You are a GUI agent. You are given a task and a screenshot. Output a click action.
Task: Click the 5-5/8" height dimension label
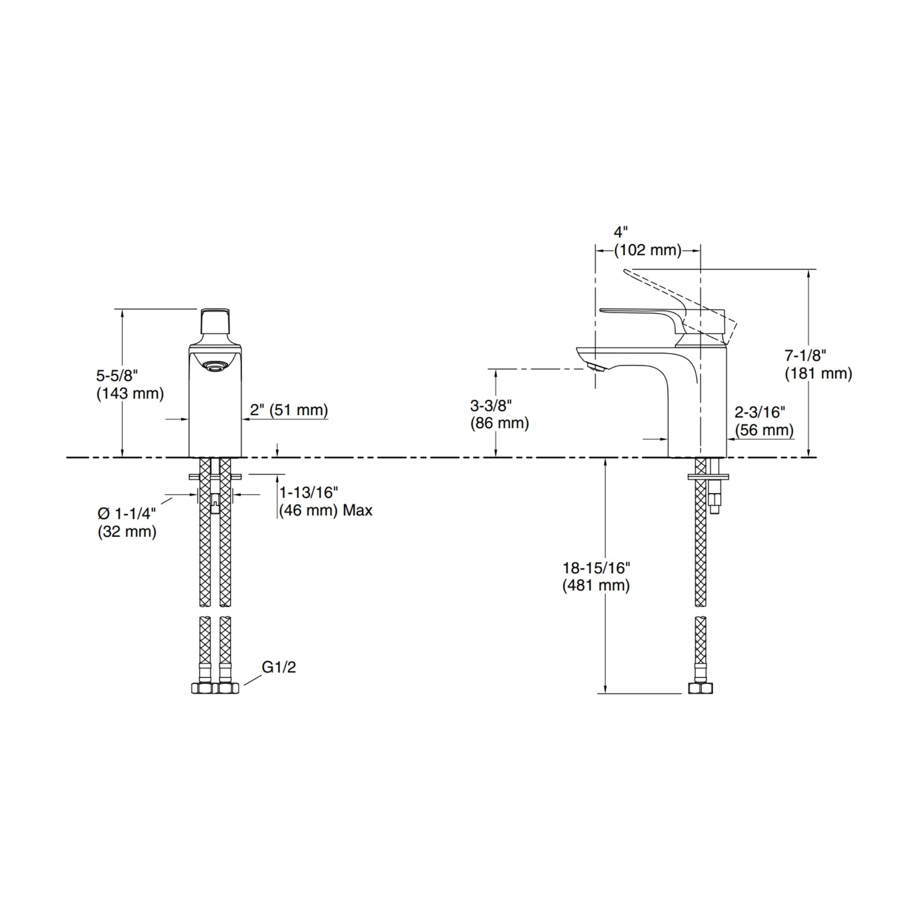(117, 375)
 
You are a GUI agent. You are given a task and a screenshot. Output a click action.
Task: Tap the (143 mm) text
(130, 393)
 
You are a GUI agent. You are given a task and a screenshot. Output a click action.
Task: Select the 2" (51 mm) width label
(289, 409)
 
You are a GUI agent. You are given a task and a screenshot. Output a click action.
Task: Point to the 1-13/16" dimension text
(308, 492)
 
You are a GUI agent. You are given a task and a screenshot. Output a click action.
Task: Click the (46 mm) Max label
(325, 511)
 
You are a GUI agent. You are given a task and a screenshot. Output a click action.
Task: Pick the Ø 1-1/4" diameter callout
(127, 513)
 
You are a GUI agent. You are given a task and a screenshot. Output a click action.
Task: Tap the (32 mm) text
(127, 531)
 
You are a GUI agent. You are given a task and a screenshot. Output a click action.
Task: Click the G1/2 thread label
(279, 667)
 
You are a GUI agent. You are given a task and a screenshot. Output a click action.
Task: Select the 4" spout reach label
(621, 232)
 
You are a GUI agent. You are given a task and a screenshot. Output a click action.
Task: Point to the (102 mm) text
(647, 250)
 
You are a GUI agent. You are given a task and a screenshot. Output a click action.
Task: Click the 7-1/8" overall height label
(805, 355)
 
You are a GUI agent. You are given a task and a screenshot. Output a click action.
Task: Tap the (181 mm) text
(818, 373)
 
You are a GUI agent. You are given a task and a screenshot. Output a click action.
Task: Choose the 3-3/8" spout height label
(491, 405)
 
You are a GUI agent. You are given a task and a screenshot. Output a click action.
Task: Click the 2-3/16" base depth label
(760, 412)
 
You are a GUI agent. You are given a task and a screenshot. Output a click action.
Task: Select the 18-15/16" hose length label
(596, 568)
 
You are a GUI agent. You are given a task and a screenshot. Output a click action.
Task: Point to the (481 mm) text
(596, 586)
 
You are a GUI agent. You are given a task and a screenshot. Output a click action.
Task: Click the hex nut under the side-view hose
(701, 688)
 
